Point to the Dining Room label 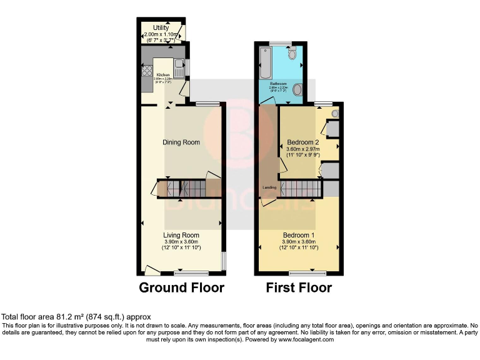(181, 142)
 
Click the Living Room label (181, 235)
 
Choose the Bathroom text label (278, 83)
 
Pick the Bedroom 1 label (299, 235)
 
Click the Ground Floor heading (181, 288)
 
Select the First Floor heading (299, 288)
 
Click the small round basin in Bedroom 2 (335, 114)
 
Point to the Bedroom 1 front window (307, 273)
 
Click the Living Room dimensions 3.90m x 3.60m (181, 242)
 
